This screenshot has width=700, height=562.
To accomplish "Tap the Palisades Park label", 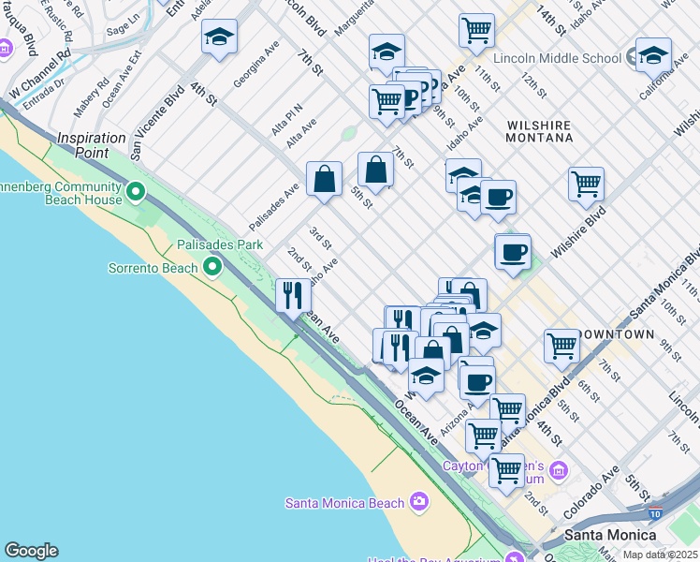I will point(220,244).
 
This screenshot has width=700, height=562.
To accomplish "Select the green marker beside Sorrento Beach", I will point(213,268).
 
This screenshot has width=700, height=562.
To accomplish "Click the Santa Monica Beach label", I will point(344,503).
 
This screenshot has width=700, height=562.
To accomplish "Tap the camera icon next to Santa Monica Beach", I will point(418,503).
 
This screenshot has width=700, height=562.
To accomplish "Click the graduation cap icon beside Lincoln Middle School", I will point(652,54).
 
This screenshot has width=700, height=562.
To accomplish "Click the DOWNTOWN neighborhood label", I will point(616,334).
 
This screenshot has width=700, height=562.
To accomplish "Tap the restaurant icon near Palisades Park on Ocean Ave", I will point(293,295).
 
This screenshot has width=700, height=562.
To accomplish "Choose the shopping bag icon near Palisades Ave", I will point(324,179).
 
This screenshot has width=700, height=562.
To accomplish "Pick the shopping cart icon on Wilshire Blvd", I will point(586,184).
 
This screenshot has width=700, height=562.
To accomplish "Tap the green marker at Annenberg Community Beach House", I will point(136,193).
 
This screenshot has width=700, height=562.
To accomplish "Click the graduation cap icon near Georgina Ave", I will point(219,37).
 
